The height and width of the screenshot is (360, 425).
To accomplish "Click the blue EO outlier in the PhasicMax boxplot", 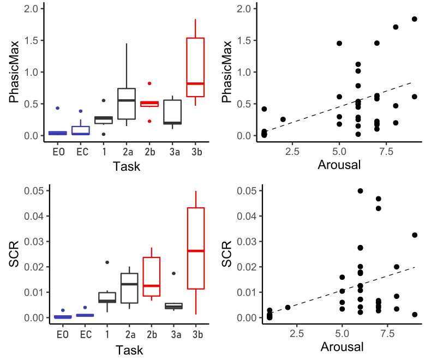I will click(x=57, y=108).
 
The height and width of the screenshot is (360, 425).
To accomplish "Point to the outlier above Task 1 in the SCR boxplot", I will click(x=107, y=262).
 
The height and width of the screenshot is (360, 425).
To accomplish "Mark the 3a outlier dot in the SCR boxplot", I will click(x=173, y=273).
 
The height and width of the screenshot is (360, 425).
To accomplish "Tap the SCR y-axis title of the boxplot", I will click(x=15, y=254).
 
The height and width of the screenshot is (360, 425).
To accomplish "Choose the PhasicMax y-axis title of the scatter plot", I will click(x=228, y=71).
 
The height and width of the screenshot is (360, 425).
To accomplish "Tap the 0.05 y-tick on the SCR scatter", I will click(x=247, y=190).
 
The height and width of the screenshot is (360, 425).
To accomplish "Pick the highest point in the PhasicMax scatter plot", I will click(x=414, y=19).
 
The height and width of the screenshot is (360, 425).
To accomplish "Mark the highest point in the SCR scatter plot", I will click(x=360, y=191).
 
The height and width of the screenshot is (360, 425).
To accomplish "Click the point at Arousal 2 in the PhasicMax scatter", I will click(x=283, y=119).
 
